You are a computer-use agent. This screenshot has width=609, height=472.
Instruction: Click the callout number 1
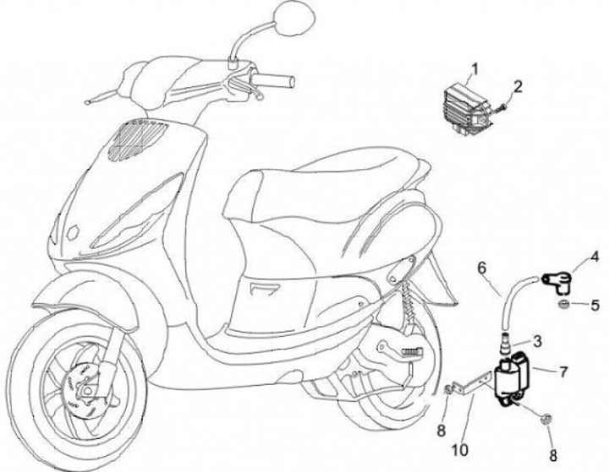coord(475,68)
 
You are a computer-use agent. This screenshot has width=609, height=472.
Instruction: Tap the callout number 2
coord(518,85)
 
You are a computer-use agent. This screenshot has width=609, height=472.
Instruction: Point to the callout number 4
coord(595,256)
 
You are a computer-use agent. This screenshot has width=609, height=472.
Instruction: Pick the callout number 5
coord(595,304)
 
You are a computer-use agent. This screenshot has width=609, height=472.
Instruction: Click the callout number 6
coord(482,269)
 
